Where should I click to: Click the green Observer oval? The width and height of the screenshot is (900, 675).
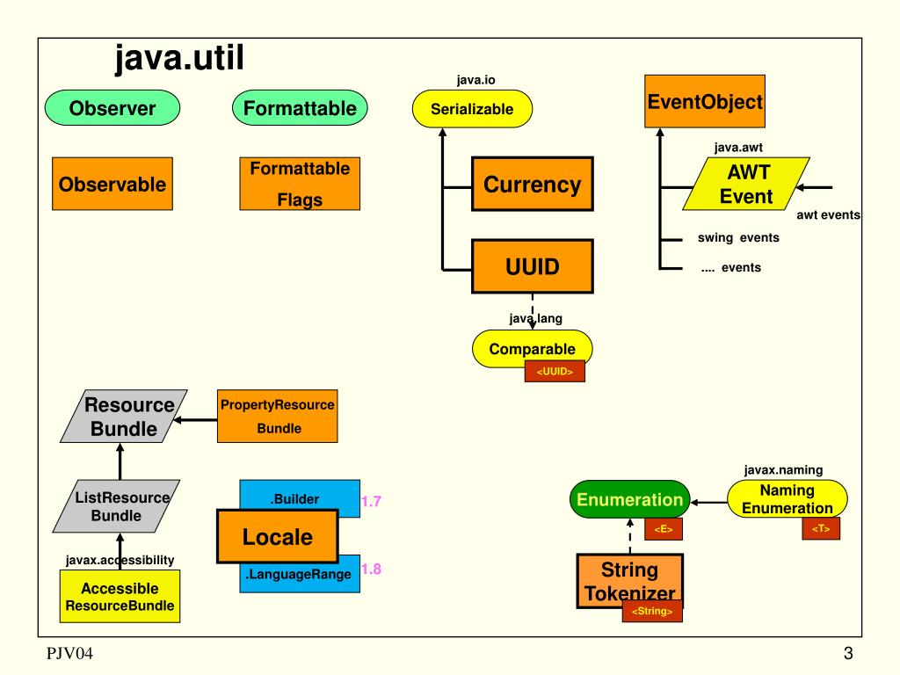point(112,109)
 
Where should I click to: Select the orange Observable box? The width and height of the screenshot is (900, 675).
point(112,184)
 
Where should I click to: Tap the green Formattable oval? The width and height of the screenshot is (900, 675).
point(300,109)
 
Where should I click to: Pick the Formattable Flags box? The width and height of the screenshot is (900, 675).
point(300,184)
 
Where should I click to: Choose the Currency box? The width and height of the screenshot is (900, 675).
point(532,185)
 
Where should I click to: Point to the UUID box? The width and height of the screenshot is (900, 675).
point(532,265)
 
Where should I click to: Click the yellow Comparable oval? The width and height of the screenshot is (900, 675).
point(532,349)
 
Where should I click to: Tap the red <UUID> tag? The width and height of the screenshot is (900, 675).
point(555,372)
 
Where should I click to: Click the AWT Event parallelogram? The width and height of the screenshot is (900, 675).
point(746,185)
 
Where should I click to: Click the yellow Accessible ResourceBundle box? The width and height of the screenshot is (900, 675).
point(120,597)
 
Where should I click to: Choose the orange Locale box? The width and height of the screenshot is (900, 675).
point(278,536)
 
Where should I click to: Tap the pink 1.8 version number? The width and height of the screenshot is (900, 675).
point(371,569)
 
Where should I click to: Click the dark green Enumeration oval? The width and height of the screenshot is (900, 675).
point(629,500)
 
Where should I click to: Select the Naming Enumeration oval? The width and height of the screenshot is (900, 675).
point(787,500)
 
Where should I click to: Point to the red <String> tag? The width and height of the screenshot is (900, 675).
point(652,611)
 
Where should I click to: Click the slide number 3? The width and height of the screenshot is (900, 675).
point(848,653)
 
